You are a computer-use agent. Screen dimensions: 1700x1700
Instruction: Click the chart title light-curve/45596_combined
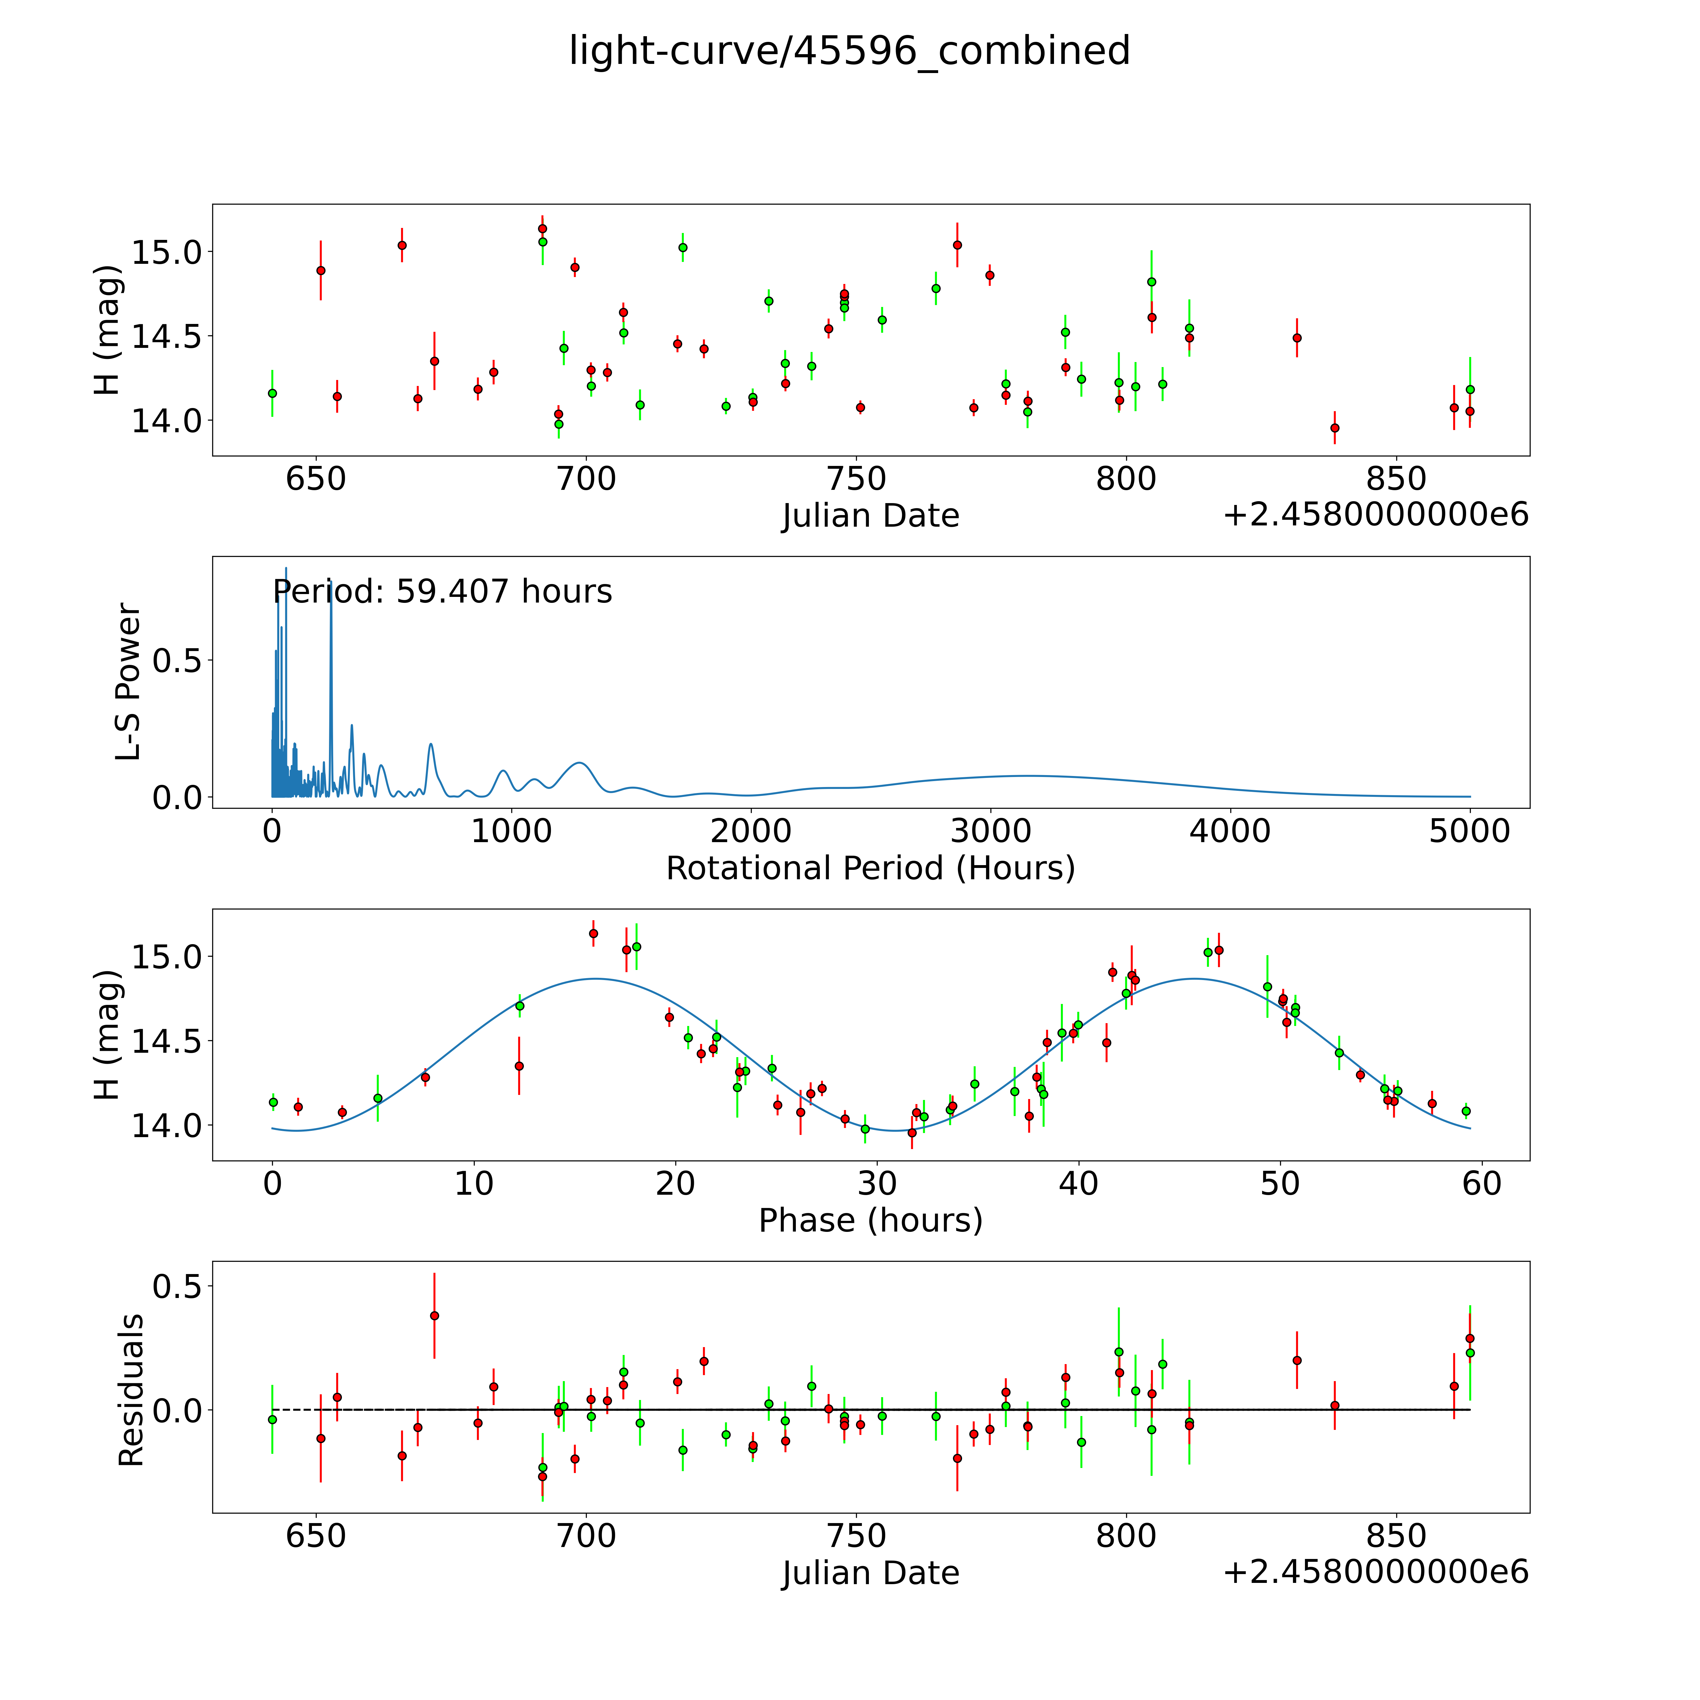(x=849, y=51)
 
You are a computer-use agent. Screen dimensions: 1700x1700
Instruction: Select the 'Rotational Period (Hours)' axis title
(x=870, y=869)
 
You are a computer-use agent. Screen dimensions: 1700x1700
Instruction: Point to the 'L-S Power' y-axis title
(x=128, y=682)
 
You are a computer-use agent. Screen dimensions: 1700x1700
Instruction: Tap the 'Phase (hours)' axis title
(x=870, y=1221)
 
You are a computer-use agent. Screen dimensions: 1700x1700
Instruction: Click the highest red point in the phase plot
(x=593, y=934)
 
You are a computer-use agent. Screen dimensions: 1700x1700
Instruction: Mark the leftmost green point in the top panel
(x=272, y=393)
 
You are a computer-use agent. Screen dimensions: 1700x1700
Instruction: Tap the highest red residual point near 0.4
(x=434, y=1316)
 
